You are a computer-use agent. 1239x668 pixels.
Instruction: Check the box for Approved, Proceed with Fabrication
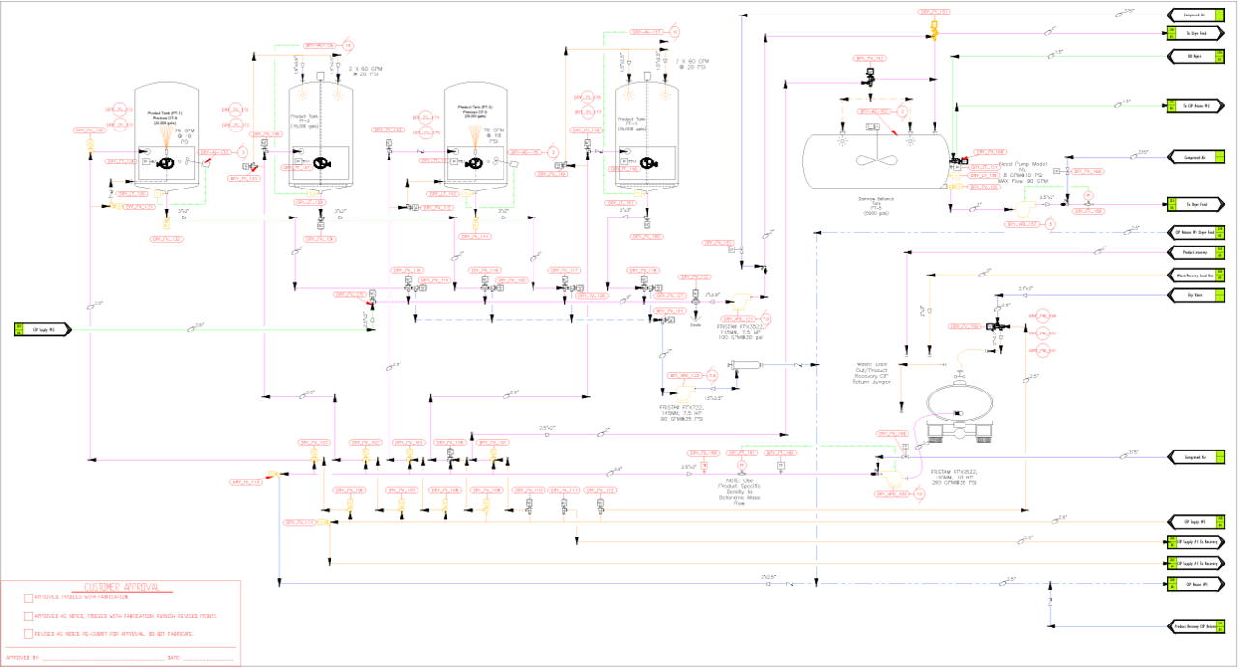(28, 597)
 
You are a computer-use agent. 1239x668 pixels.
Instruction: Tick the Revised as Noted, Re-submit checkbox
(28, 633)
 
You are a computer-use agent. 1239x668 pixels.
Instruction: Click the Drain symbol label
(695, 325)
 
